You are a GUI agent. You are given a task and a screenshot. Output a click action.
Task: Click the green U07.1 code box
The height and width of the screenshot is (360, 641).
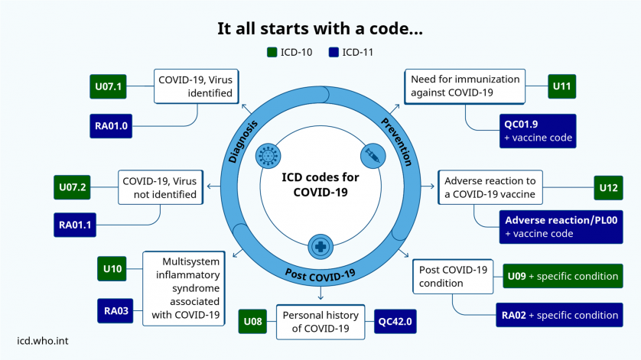(108, 86)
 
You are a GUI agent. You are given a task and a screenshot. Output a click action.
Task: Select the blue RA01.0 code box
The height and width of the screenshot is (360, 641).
(111, 126)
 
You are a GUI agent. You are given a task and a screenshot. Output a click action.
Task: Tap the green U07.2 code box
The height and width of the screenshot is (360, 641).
(72, 187)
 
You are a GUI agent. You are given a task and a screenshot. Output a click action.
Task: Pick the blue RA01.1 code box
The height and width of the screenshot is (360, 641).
(75, 225)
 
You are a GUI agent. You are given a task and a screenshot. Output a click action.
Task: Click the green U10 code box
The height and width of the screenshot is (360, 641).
(112, 268)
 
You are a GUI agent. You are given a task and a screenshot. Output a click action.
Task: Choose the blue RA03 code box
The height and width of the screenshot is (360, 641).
(116, 311)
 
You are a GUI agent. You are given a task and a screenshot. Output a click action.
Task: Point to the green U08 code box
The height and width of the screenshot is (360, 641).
(252, 322)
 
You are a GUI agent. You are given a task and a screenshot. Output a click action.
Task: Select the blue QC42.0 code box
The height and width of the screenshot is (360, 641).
(395, 322)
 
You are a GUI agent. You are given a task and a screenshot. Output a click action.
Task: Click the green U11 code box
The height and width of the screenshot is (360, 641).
(561, 86)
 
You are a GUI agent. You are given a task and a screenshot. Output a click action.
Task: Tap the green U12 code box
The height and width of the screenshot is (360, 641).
(608, 187)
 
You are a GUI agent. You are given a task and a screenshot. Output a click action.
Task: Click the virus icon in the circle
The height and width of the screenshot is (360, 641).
(268, 156)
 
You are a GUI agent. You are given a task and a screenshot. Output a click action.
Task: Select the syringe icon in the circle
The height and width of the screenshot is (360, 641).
(373, 156)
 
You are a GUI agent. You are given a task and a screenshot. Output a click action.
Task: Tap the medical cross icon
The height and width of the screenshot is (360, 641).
(320, 246)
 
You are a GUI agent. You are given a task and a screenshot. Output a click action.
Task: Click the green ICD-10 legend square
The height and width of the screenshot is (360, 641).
(272, 52)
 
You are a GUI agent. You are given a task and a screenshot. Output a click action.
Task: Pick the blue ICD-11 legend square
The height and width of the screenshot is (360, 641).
(334, 52)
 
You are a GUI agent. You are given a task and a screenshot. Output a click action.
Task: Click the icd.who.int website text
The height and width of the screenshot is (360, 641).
(43, 341)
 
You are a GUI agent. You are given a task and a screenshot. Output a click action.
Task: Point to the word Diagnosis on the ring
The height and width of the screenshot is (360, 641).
(242, 142)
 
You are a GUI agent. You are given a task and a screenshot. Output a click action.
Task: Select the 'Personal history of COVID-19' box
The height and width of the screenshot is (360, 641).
(320, 322)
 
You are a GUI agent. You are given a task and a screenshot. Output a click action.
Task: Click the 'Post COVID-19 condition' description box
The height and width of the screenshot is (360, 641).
(453, 277)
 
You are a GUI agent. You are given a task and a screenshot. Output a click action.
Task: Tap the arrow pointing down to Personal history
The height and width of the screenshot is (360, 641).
(320, 293)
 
